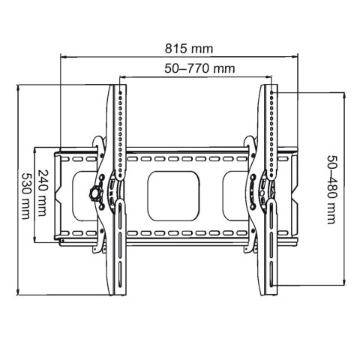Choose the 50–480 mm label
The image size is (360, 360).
click(x=331, y=190)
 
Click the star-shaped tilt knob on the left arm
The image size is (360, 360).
click(x=95, y=192)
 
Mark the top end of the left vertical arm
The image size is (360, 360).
click(x=121, y=88)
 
